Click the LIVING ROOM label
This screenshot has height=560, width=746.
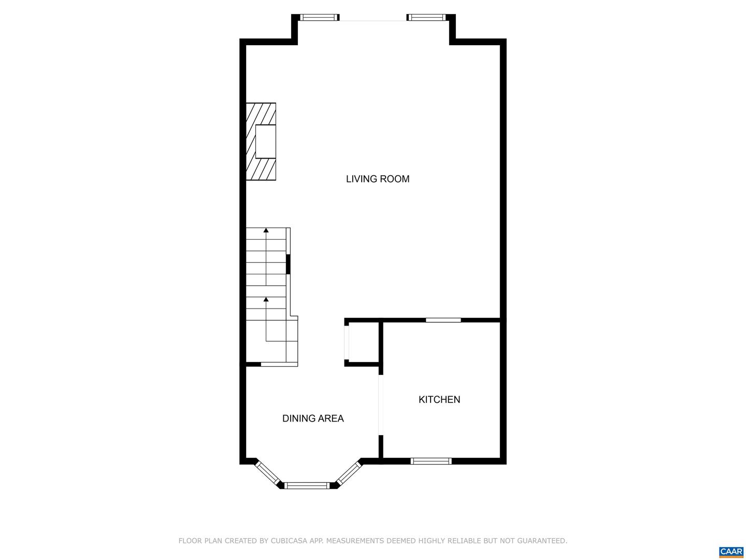[x=378, y=179]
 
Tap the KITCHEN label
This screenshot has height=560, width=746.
[x=439, y=399]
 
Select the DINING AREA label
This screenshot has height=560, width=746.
[x=313, y=418]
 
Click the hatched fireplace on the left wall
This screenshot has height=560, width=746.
[x=261, y=142]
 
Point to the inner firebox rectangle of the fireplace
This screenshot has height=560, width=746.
[x=265, y=142]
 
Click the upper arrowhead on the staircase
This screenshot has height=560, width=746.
[x=266, y=230]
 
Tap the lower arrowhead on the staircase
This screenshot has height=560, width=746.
[x=266, y=299]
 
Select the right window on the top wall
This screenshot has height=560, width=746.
[x=426, y=17]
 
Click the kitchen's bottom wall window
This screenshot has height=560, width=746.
[x=431, y=461]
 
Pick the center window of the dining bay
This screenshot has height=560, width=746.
[x=307, y=485]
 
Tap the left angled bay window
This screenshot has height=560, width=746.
[x=267, y=473]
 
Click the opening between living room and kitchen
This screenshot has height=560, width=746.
[x=443, y=320]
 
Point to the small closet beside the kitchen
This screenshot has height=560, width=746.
[x=362, y=342]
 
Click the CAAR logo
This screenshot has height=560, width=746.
[x=731, y=552]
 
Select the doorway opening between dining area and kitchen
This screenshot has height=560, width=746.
[x=381, y=404]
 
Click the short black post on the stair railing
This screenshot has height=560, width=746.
[x=288, y=264]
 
